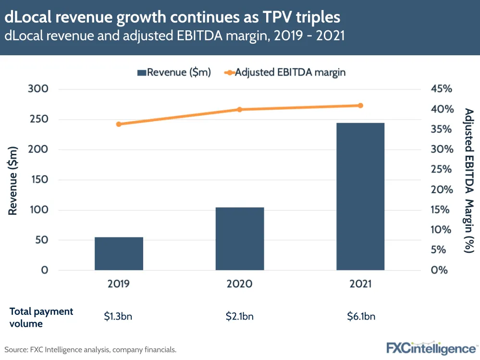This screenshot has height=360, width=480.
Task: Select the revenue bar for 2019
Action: point(119,253)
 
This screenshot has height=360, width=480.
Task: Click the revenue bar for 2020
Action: point(239,238)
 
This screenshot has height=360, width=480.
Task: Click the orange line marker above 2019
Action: point(119,124)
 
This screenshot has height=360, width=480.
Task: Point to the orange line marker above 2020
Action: point(239,110)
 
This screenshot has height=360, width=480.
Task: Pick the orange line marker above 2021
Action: point(360,106)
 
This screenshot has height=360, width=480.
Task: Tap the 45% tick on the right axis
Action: point(441,89)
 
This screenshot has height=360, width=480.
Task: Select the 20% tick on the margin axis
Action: point(441,189)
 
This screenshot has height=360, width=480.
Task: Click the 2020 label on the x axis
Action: point(239,284)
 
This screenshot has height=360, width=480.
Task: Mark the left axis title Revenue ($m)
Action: point(13,179)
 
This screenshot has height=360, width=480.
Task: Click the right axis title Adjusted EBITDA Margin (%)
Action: point(469,180)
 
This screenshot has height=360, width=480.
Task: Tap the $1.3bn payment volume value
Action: point(119,316)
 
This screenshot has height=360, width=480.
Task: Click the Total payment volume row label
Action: point(41,317)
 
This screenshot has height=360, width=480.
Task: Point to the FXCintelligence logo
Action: point(432,348)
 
